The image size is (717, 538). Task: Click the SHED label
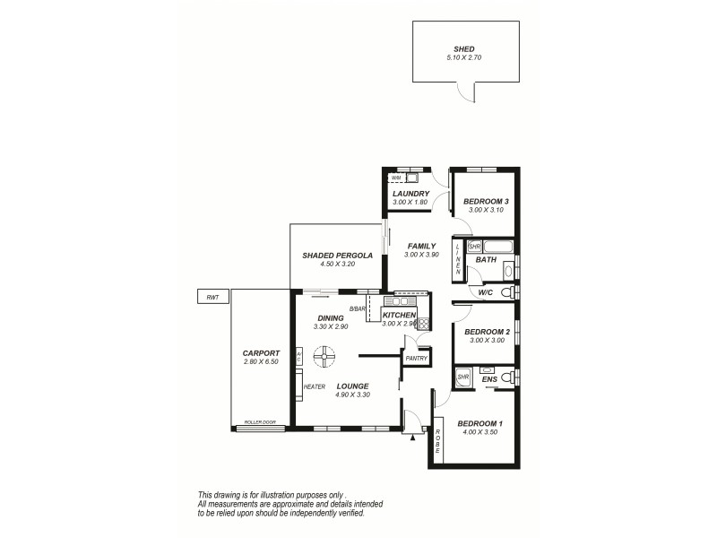pos(464,49)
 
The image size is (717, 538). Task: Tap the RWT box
pos(212,297)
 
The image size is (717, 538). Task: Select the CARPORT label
pos(262,353)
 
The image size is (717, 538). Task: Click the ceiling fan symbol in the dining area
pos(324,358)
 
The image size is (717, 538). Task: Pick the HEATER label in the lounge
pos(314,386)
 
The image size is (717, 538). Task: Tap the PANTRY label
pos(416,359)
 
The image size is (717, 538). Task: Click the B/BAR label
pos(358,309)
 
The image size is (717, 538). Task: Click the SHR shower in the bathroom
pos(475,247)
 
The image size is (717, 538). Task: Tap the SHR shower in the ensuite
pos(463,377)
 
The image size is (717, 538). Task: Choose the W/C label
pos(485,293)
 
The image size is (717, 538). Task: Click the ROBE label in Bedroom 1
pos(438,442)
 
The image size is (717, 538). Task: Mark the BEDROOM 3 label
pos(486,201)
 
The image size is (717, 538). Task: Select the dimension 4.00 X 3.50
pos(480,432)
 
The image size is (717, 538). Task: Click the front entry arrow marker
pos(412,438)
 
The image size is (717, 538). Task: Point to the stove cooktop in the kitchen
pos(423,325)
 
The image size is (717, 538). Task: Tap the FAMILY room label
pos(421,246)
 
